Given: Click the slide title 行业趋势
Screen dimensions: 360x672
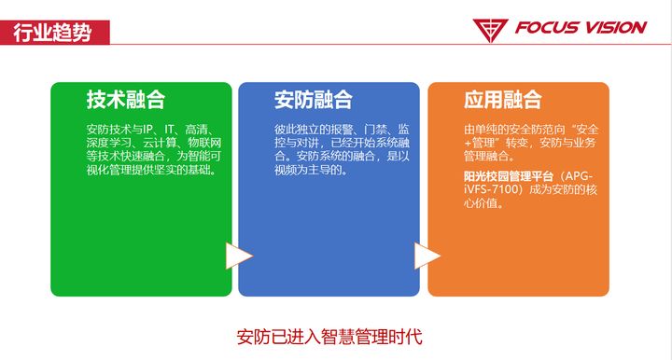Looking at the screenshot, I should (x=53, y=31).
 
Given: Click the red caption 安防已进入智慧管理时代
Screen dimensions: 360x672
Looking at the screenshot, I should (x=329, y=335).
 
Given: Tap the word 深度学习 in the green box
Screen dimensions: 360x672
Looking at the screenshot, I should (x=106, y=143).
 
